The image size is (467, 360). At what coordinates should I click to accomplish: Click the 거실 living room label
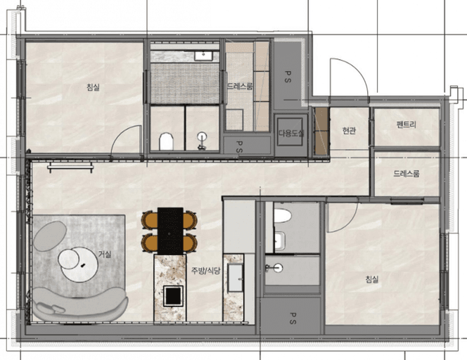coord(105,255)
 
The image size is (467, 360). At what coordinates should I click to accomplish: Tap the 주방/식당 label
coord(205,271)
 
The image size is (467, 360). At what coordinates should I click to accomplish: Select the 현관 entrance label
coord(349,130)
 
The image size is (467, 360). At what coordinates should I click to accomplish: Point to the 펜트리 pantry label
coord(407,124)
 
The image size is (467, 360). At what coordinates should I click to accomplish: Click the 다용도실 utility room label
coord(290,133)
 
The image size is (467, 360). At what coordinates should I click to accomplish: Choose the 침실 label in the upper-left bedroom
coord(93,87)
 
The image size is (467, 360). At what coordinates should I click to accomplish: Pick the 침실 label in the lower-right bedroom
coord(372,279)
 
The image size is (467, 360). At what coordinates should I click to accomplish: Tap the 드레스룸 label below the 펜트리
coord(407,174)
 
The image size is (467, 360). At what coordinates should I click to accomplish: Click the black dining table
coord(170,231)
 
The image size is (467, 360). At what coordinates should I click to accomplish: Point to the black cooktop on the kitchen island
coord(173,295)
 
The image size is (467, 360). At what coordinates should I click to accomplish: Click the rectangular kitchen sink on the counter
coord(236,278)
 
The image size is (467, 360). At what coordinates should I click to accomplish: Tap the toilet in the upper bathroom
coord(166,141)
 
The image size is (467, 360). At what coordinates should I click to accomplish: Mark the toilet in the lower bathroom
coord(282,216)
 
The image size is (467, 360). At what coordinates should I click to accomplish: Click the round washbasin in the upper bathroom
coord(202,137)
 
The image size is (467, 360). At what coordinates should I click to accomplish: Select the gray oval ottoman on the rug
coord(50,236)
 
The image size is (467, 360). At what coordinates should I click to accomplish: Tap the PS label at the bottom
coord(293,318)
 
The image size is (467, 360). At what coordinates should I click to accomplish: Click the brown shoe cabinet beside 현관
coord(321,131)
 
